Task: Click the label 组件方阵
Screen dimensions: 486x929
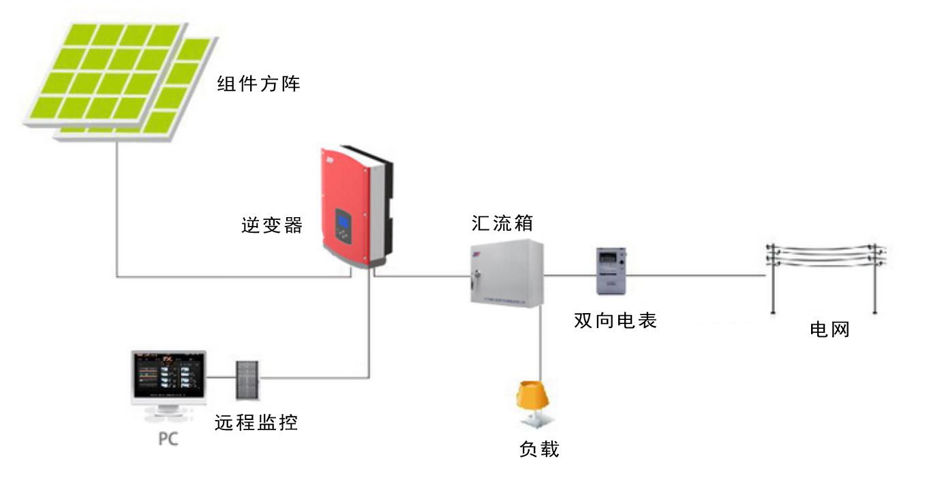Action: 258,84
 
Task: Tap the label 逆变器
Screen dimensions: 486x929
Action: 272,225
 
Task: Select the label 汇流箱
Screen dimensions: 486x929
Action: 502,223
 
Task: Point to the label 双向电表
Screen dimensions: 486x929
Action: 615,321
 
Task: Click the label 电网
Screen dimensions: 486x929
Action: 829,330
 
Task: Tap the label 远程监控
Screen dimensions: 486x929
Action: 256,423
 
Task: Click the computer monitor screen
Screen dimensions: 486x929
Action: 169,375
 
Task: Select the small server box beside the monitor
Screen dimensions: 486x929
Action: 247,379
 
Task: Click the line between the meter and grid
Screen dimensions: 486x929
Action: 695,276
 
